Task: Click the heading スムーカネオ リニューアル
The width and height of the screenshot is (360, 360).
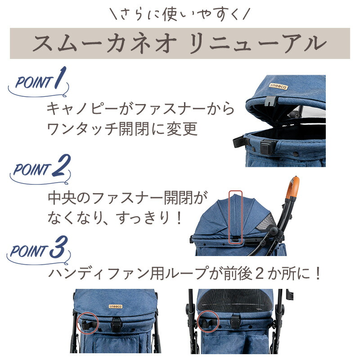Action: click(180, 44)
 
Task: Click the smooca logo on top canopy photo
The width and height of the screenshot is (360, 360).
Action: click(276, 85)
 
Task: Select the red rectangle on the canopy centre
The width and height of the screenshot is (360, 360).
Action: click(235, 217)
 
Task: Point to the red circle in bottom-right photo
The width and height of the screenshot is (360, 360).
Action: click(208, 320)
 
